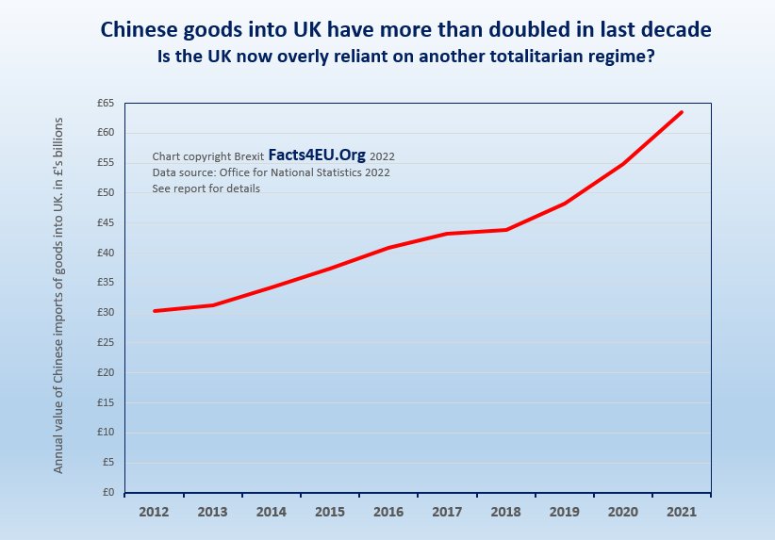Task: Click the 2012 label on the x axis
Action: [x=154, y=512]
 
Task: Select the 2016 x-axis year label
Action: [x=388, y=512]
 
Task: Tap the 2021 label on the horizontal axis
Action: [x=682, y=512]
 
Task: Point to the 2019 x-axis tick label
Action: [x=565, y=512]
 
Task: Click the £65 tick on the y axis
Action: [x=105, y=102]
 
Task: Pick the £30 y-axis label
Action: [x=105, y=312]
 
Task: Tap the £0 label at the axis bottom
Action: [x=107, y=492]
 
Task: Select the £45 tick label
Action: [x=105, y=222]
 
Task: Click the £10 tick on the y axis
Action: [x=105, y=433]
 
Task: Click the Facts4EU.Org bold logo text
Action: [x=317, y=155]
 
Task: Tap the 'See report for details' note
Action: [x=206, y=188]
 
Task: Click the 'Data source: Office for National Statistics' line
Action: [x=271, y=172]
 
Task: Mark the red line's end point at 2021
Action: [x=682, y=112]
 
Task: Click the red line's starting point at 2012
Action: [x=154, y=311]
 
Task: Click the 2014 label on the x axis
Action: [x=272, y=512]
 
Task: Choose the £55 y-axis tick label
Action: [x=105, y=162]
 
